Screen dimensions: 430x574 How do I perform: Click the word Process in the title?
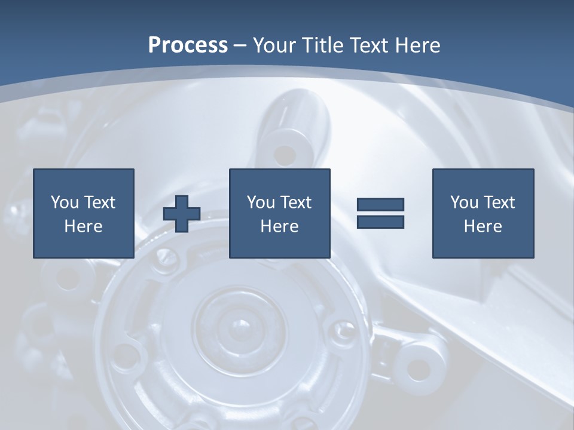pos(188,45)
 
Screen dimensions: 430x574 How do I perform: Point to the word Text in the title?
pos(370,45)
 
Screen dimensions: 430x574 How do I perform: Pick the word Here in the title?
pos(418,45)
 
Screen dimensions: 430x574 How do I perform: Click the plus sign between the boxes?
pos(182,214)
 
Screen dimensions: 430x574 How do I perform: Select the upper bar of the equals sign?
pos(380,205)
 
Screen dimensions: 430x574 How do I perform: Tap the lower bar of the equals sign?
pos(380,222)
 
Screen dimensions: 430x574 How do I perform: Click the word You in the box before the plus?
pos(65,202)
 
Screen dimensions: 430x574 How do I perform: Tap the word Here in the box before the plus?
pos(84,226)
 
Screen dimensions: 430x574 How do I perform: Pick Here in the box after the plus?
pos(280,226)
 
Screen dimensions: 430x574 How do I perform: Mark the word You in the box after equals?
pos(464,202)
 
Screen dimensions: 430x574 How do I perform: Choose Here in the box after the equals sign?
pos(483,226)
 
